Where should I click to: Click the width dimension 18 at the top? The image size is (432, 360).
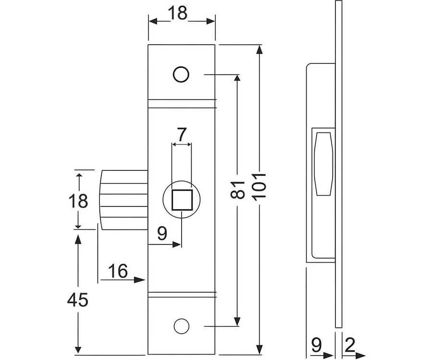coord(178,13)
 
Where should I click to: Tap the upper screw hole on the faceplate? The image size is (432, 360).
coord(181,75)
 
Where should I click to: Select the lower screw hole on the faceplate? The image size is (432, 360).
coord(181,326)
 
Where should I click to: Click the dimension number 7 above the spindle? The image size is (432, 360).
coord(181,134)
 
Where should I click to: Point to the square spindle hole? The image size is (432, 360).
coord(182,200)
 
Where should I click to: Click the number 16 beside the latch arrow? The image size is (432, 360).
coord(117,272)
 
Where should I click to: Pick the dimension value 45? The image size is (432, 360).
coord(77,300)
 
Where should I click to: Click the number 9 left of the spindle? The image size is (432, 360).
coord(162,234)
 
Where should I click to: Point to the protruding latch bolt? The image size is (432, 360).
coord(123,200)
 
